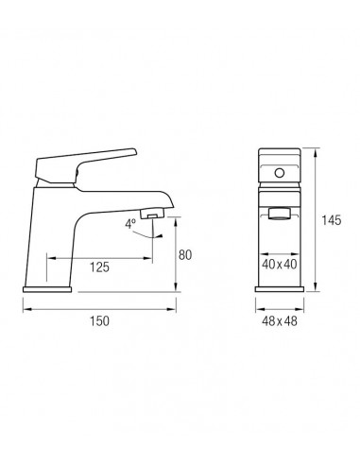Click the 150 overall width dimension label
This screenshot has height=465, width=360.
pyautogui.click(x=99, y=321)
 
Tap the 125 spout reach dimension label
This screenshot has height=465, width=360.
pyautogui.click(x=99, y=267)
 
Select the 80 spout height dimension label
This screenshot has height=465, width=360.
pyautogui.click(x=185, y=255)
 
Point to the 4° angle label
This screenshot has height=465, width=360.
pyautogui.click(x=130, y=224)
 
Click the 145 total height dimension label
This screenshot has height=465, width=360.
pyautogui.click(x=332, y=220)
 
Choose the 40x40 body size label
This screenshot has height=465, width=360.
pyautogui.click(x=280, y=265)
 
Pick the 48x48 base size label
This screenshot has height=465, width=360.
pyautogui.click(x=280, y=321)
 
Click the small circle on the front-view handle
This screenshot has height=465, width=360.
pyautogui.click(x=280, y=173)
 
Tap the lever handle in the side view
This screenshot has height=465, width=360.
pyautogui.click(x=86, y=164)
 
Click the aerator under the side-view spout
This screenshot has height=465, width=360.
pyautogui.click(x=152, y=215)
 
